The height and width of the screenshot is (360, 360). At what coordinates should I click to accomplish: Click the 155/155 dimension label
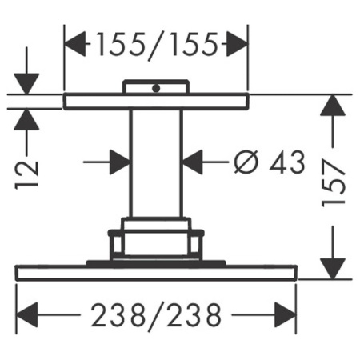156,46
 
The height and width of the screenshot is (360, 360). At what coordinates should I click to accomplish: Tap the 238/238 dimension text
156,316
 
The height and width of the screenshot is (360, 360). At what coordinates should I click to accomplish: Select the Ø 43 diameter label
270,162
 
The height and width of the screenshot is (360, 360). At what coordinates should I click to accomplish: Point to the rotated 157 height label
334,186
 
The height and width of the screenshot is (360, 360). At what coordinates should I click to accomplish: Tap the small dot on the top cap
157,87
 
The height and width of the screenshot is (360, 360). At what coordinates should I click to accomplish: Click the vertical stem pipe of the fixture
156,164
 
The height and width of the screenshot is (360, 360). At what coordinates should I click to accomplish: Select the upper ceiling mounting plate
156,101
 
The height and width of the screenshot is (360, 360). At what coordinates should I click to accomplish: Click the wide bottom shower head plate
156,272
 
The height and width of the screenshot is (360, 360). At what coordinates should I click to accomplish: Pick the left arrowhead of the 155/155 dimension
74,46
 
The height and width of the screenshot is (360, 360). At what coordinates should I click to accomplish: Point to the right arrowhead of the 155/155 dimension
238,46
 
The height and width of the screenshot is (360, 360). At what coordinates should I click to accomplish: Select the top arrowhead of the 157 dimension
334,105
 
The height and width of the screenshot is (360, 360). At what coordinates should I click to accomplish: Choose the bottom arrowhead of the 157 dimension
334,268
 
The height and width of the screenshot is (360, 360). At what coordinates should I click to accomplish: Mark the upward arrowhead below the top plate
27,118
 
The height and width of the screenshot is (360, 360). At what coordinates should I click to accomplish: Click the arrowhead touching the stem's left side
121,162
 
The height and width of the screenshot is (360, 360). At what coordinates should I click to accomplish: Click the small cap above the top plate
156,86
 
